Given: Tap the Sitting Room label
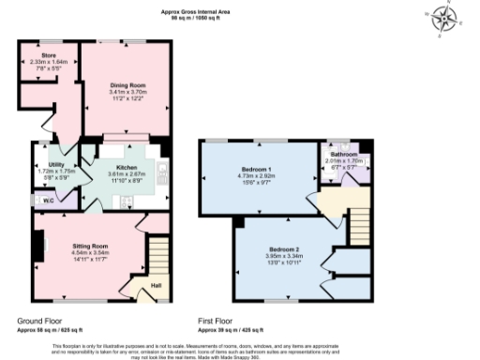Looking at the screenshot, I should click(x=90, y=245).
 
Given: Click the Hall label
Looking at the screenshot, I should click(x=156, y=285).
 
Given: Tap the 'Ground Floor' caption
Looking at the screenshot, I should click(x=39, y=321).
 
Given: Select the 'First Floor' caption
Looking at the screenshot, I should click(x=217, y=321).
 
